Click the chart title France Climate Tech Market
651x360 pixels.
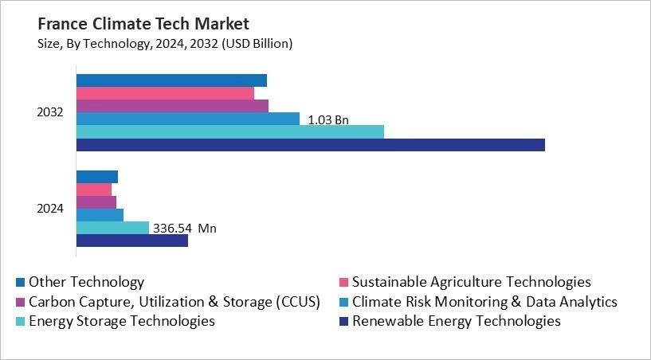[131, 24]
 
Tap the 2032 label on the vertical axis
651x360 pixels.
[50, 112]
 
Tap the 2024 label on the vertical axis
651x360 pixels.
[50, 209]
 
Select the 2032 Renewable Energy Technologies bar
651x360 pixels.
[310, 144]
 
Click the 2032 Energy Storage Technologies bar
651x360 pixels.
[229, 131]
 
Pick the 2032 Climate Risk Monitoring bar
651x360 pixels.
[187, 119]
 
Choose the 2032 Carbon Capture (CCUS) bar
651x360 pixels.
[172, 106]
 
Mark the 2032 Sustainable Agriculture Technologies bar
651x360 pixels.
[165, 93]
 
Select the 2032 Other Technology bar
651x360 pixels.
[171, 80]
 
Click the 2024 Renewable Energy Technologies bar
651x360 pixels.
[131, 241]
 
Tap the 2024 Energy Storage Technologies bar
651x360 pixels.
[112, 228]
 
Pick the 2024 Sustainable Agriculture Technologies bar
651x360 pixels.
[94, 190]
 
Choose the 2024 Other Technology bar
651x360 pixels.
[96, 177]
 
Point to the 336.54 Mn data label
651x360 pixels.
[185, 229]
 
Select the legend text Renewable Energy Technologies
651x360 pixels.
[456, 322]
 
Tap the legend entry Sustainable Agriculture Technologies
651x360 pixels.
[471, 282]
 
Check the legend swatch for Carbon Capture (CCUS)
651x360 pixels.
[20, 303]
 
